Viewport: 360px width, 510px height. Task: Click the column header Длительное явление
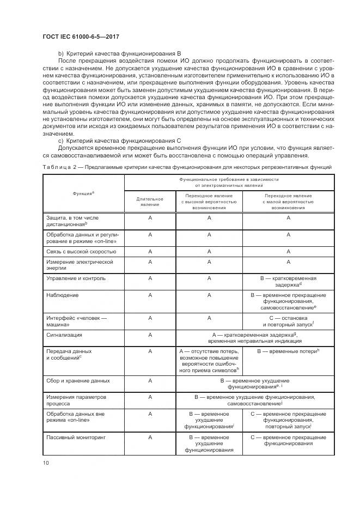click(x=149, y=202)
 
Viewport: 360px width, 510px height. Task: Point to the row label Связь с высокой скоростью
click(x=81, y=251)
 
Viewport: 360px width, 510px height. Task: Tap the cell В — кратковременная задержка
click(x=288, y=281)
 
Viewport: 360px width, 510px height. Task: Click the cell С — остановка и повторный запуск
click(x=288, y=320)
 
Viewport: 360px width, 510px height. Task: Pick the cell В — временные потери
click(x=288, y=351)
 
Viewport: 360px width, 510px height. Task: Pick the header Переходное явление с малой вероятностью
click(x=288, y=202)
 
